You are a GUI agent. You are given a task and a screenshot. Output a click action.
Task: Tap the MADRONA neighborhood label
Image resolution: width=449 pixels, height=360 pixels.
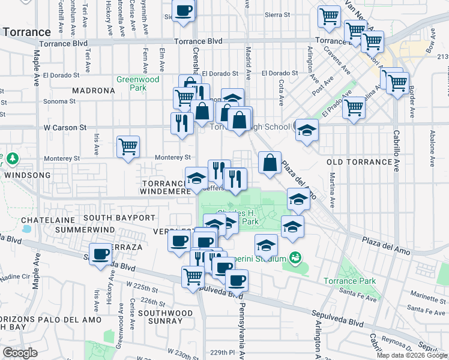click(x=93, y=91)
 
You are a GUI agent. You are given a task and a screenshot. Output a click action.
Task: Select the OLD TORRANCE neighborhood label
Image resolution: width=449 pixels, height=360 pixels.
click(x=359, y=163)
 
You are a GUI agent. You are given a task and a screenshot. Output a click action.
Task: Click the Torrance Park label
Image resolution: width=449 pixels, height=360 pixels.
click(x=349, y=281)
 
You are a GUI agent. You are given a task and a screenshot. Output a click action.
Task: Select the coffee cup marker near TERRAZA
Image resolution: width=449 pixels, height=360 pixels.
click(x=101, y=253)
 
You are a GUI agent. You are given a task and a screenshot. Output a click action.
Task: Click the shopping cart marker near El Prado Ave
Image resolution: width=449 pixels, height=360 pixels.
click(x=354, y=108)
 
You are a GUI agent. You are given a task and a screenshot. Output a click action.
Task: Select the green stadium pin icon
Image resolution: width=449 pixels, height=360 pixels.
click(x=295, y=258)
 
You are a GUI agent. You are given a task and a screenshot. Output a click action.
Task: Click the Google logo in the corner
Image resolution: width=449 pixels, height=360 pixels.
click(x=20, y=352)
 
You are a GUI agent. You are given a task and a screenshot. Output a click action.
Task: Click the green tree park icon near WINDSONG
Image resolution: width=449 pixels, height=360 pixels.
click(x=11, y=159)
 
